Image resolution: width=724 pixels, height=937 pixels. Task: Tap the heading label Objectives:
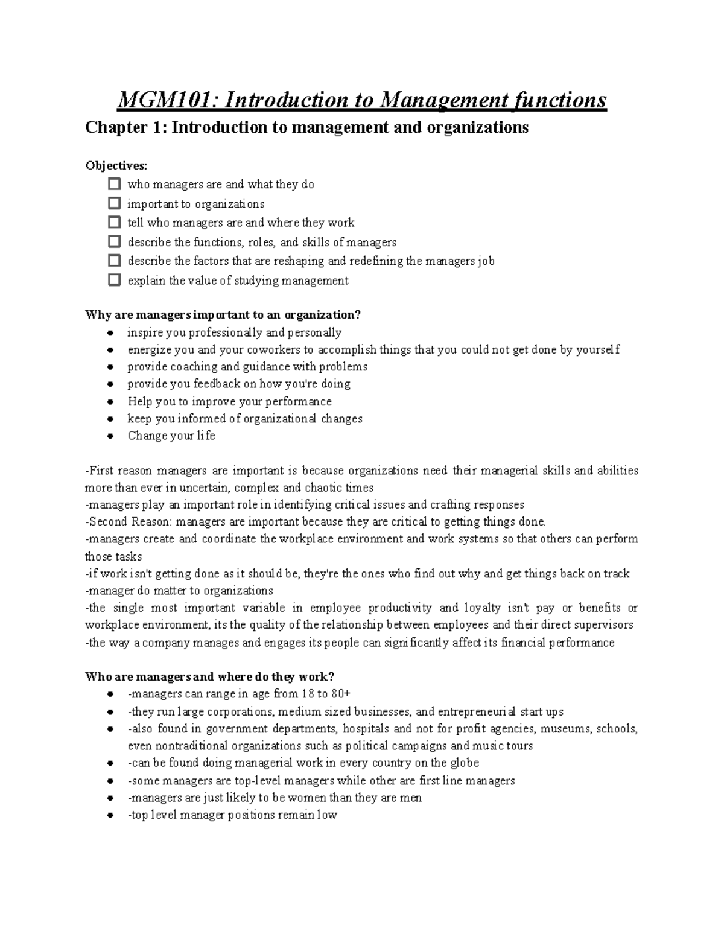coord(116,165)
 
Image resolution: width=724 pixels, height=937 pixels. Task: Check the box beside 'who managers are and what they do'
coord(114,184)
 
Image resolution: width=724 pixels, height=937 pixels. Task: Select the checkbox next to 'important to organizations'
coord(114,203)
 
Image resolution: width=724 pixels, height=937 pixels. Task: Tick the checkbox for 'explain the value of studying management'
coord(114,280)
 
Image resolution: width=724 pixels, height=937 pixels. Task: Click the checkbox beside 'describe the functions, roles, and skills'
coord(114,242)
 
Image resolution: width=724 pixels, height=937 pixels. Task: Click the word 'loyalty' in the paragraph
coord(482,608)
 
